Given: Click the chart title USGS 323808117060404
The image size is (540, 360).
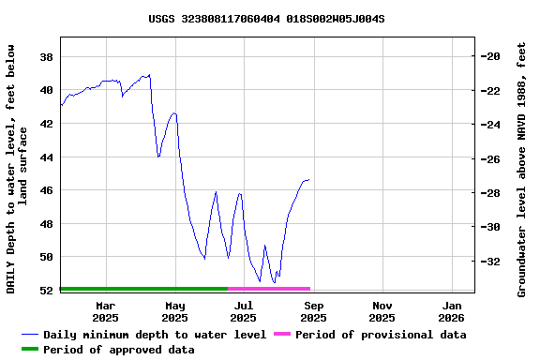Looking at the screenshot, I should tap(266, 19).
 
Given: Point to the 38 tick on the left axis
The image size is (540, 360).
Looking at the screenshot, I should tap(46, 57).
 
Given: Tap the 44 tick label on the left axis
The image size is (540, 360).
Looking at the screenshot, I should tap(46, 157).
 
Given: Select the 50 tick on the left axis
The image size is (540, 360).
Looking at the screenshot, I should tap(46, 257).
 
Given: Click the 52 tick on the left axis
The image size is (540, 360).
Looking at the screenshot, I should tap(46, 291).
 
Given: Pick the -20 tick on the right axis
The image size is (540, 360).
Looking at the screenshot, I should tap(491, 56).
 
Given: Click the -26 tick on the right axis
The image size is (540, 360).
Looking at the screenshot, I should tap(491, 159).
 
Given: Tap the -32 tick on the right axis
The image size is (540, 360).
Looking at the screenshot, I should tap(491, 262).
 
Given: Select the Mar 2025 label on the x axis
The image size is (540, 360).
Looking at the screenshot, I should tap(106, 311).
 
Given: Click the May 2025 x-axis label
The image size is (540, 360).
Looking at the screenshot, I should tap(175, 311).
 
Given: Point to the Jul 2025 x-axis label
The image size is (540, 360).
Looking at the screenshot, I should tap(244, 311).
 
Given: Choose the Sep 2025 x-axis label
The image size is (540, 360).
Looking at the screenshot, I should tap(314, 311).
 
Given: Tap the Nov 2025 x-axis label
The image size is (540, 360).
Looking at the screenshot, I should tap(382, 311).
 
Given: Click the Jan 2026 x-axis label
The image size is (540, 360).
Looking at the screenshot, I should tap(452, 311).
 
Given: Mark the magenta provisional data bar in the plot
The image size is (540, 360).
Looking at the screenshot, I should tap(269, 289).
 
